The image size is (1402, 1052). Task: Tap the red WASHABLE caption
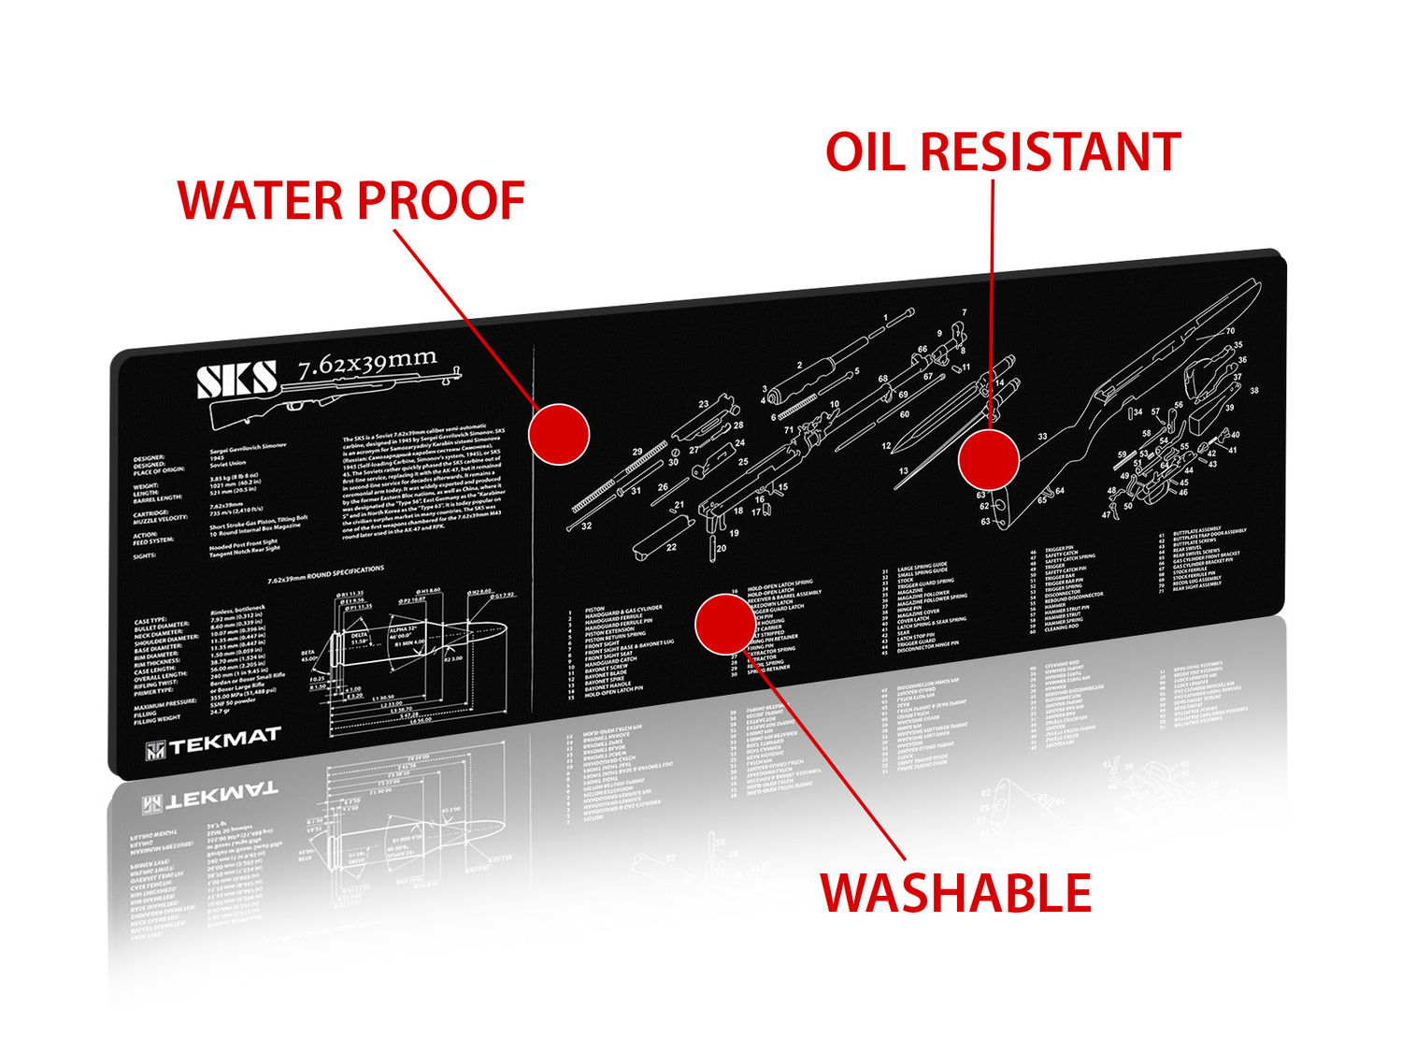955,893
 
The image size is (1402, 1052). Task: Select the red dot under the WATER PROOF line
559,434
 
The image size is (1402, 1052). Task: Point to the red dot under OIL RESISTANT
988,458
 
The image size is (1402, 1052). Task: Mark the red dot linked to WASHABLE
725,624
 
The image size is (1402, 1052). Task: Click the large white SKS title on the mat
237,381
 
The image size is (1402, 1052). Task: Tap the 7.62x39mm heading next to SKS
367,363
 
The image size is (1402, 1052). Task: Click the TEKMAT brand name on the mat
224,741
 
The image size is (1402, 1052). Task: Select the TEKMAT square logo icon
155,750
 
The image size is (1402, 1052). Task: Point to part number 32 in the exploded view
586,526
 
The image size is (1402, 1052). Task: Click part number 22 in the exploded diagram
671,547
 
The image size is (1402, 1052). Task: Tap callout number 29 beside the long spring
637,452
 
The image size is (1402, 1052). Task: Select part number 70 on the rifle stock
1230,331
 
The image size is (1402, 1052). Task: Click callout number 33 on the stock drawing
1042,437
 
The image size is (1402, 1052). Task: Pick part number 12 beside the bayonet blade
886,446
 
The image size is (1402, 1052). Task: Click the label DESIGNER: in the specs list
149,459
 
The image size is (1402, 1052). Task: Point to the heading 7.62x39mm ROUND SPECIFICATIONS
325,574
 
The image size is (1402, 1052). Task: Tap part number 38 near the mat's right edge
1254,391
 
